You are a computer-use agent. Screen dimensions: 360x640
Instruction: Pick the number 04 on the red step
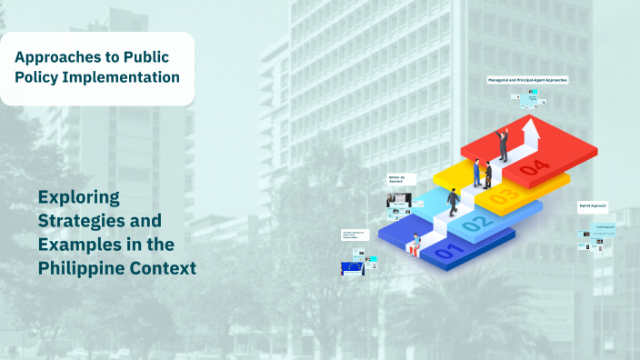(535, 167)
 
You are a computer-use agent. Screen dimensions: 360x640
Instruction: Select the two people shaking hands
(482, 173)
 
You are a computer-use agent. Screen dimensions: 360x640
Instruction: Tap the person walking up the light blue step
(452, 202)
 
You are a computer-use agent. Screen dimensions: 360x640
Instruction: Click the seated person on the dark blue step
(416, 245)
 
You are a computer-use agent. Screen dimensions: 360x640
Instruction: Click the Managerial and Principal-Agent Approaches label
(527, 80)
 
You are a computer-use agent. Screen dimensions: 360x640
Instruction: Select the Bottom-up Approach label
(396, 179)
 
